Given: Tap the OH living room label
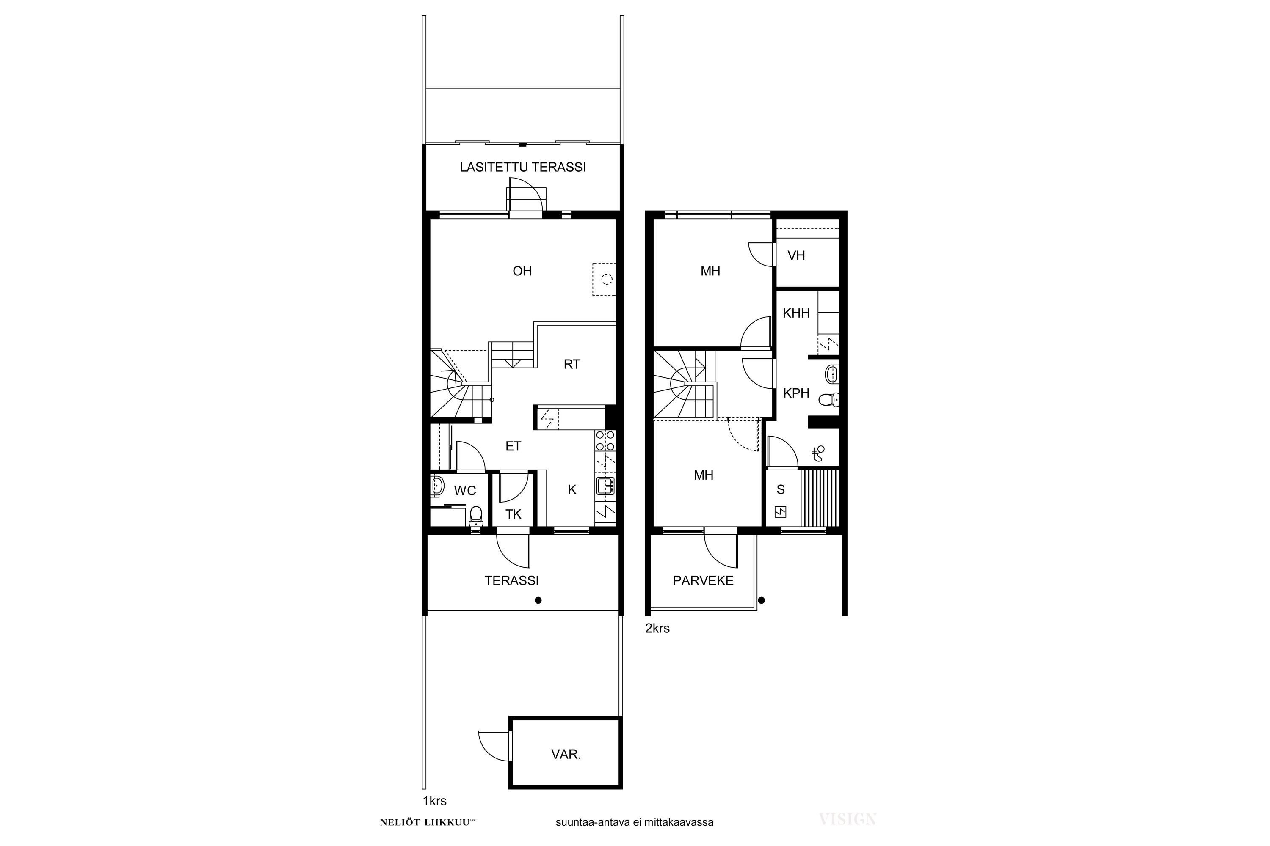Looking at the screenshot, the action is point(522,271).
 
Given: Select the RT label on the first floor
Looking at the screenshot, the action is point(572,365).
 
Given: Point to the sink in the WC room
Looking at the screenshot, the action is point(437,486).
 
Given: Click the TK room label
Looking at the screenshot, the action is point(514,515).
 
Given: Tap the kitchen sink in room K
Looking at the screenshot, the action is point(605,486).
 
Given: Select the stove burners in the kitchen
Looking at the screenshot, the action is point(605,441).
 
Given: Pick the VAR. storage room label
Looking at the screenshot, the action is point(566,754).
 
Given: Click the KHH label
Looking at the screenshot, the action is point(796,313).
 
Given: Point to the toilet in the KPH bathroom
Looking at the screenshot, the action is point(828,399).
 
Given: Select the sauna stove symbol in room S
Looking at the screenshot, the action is point(780,512).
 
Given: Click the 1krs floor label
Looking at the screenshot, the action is point(434,801).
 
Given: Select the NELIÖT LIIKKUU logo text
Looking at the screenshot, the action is point(427,823).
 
